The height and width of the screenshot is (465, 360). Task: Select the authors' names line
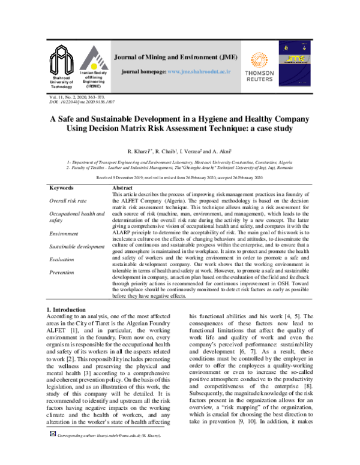(x=180, y=149)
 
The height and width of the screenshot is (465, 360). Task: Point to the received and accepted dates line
(x=180, y=178)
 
